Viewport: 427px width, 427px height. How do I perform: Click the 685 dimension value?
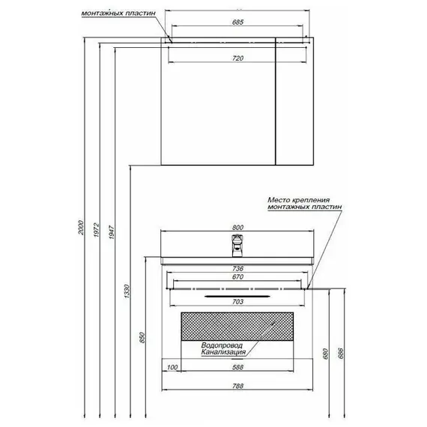[x=237, y=22]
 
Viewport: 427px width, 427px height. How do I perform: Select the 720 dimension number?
[x=237, y=58]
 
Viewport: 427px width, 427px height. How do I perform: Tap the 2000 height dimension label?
[x=82, y=228]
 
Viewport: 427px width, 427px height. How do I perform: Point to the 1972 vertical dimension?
[x=97, y=230]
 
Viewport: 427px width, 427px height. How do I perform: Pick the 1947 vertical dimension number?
[x=112, y=232]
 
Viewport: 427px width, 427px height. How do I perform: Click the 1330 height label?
[x=127, y=291]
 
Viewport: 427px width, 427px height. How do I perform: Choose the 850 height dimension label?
[x=142, y=338]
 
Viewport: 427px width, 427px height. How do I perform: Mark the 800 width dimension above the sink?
[x=237, y=228]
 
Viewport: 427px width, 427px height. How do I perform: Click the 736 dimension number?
[x=237, y=268]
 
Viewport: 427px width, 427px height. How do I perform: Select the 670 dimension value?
[x=237, y=277]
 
